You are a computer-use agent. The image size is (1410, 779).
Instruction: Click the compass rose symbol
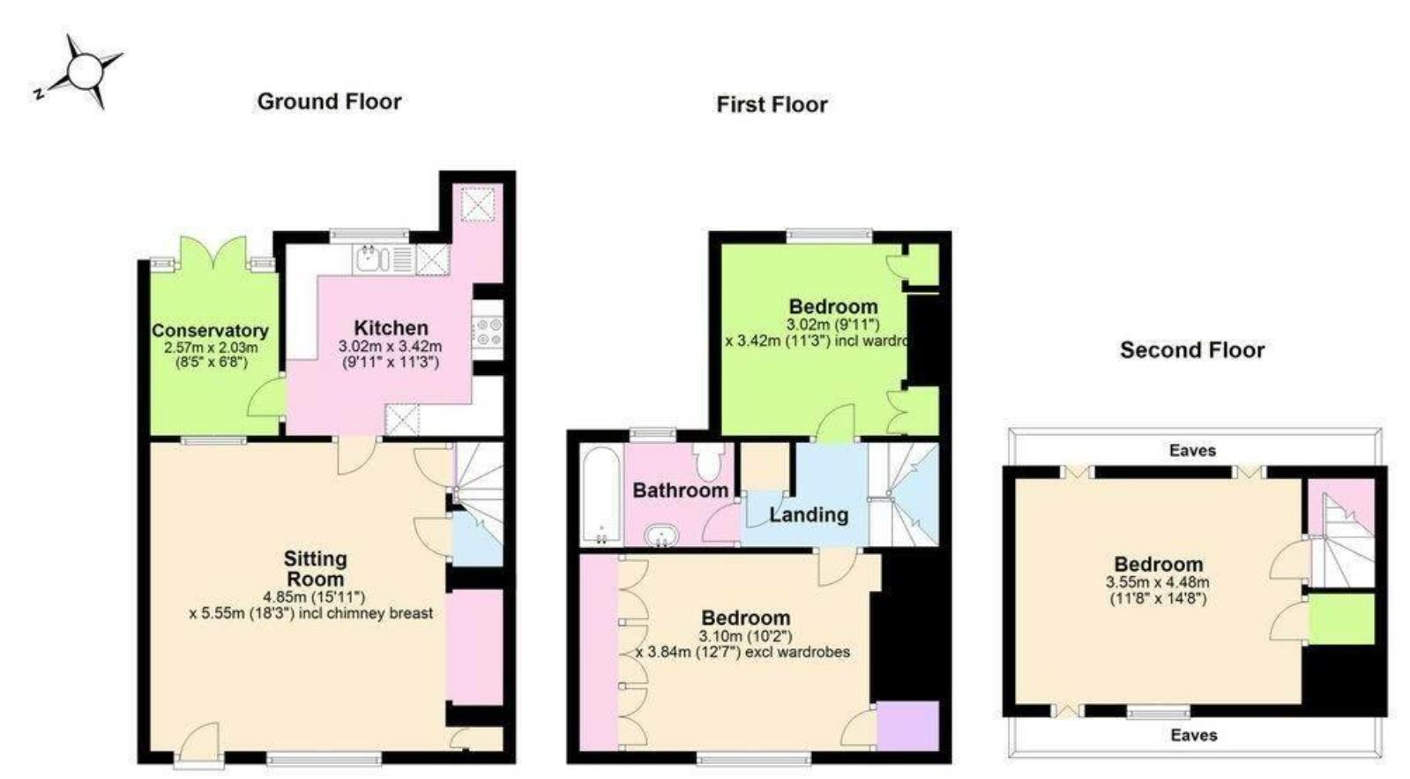click(x=85, y=71)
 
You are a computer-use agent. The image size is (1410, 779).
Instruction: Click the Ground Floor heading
click(x=329, y=101)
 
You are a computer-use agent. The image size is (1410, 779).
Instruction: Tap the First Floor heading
click(x=772, y=105)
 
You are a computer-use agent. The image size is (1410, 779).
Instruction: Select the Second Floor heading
click(x=1192, y=350)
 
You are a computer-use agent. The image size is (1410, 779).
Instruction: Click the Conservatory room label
click(x=210, y=331)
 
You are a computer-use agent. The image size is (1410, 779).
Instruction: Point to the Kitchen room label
click(x=391, y=328)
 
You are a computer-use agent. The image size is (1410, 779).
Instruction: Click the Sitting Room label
click(x=315, y=569)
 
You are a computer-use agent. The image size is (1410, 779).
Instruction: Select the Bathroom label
click(x=680, y=491)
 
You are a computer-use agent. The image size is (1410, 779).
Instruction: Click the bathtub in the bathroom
click(x=601, y=497)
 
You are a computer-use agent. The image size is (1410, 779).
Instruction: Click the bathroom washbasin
click(x=661, y=535)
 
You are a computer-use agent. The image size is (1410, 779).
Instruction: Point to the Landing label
click(x=808, y=514)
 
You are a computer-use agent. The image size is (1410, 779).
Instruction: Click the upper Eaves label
click(x=1192, y=451)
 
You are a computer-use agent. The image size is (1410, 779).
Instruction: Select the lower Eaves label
click(x=1194, y=735)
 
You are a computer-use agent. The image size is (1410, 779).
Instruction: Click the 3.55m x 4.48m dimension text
click(x=1157, y=582)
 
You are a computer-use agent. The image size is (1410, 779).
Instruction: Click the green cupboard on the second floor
click(x=1341, y=619)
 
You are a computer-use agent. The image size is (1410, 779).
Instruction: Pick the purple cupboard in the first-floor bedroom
click(x=907, y=726)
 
